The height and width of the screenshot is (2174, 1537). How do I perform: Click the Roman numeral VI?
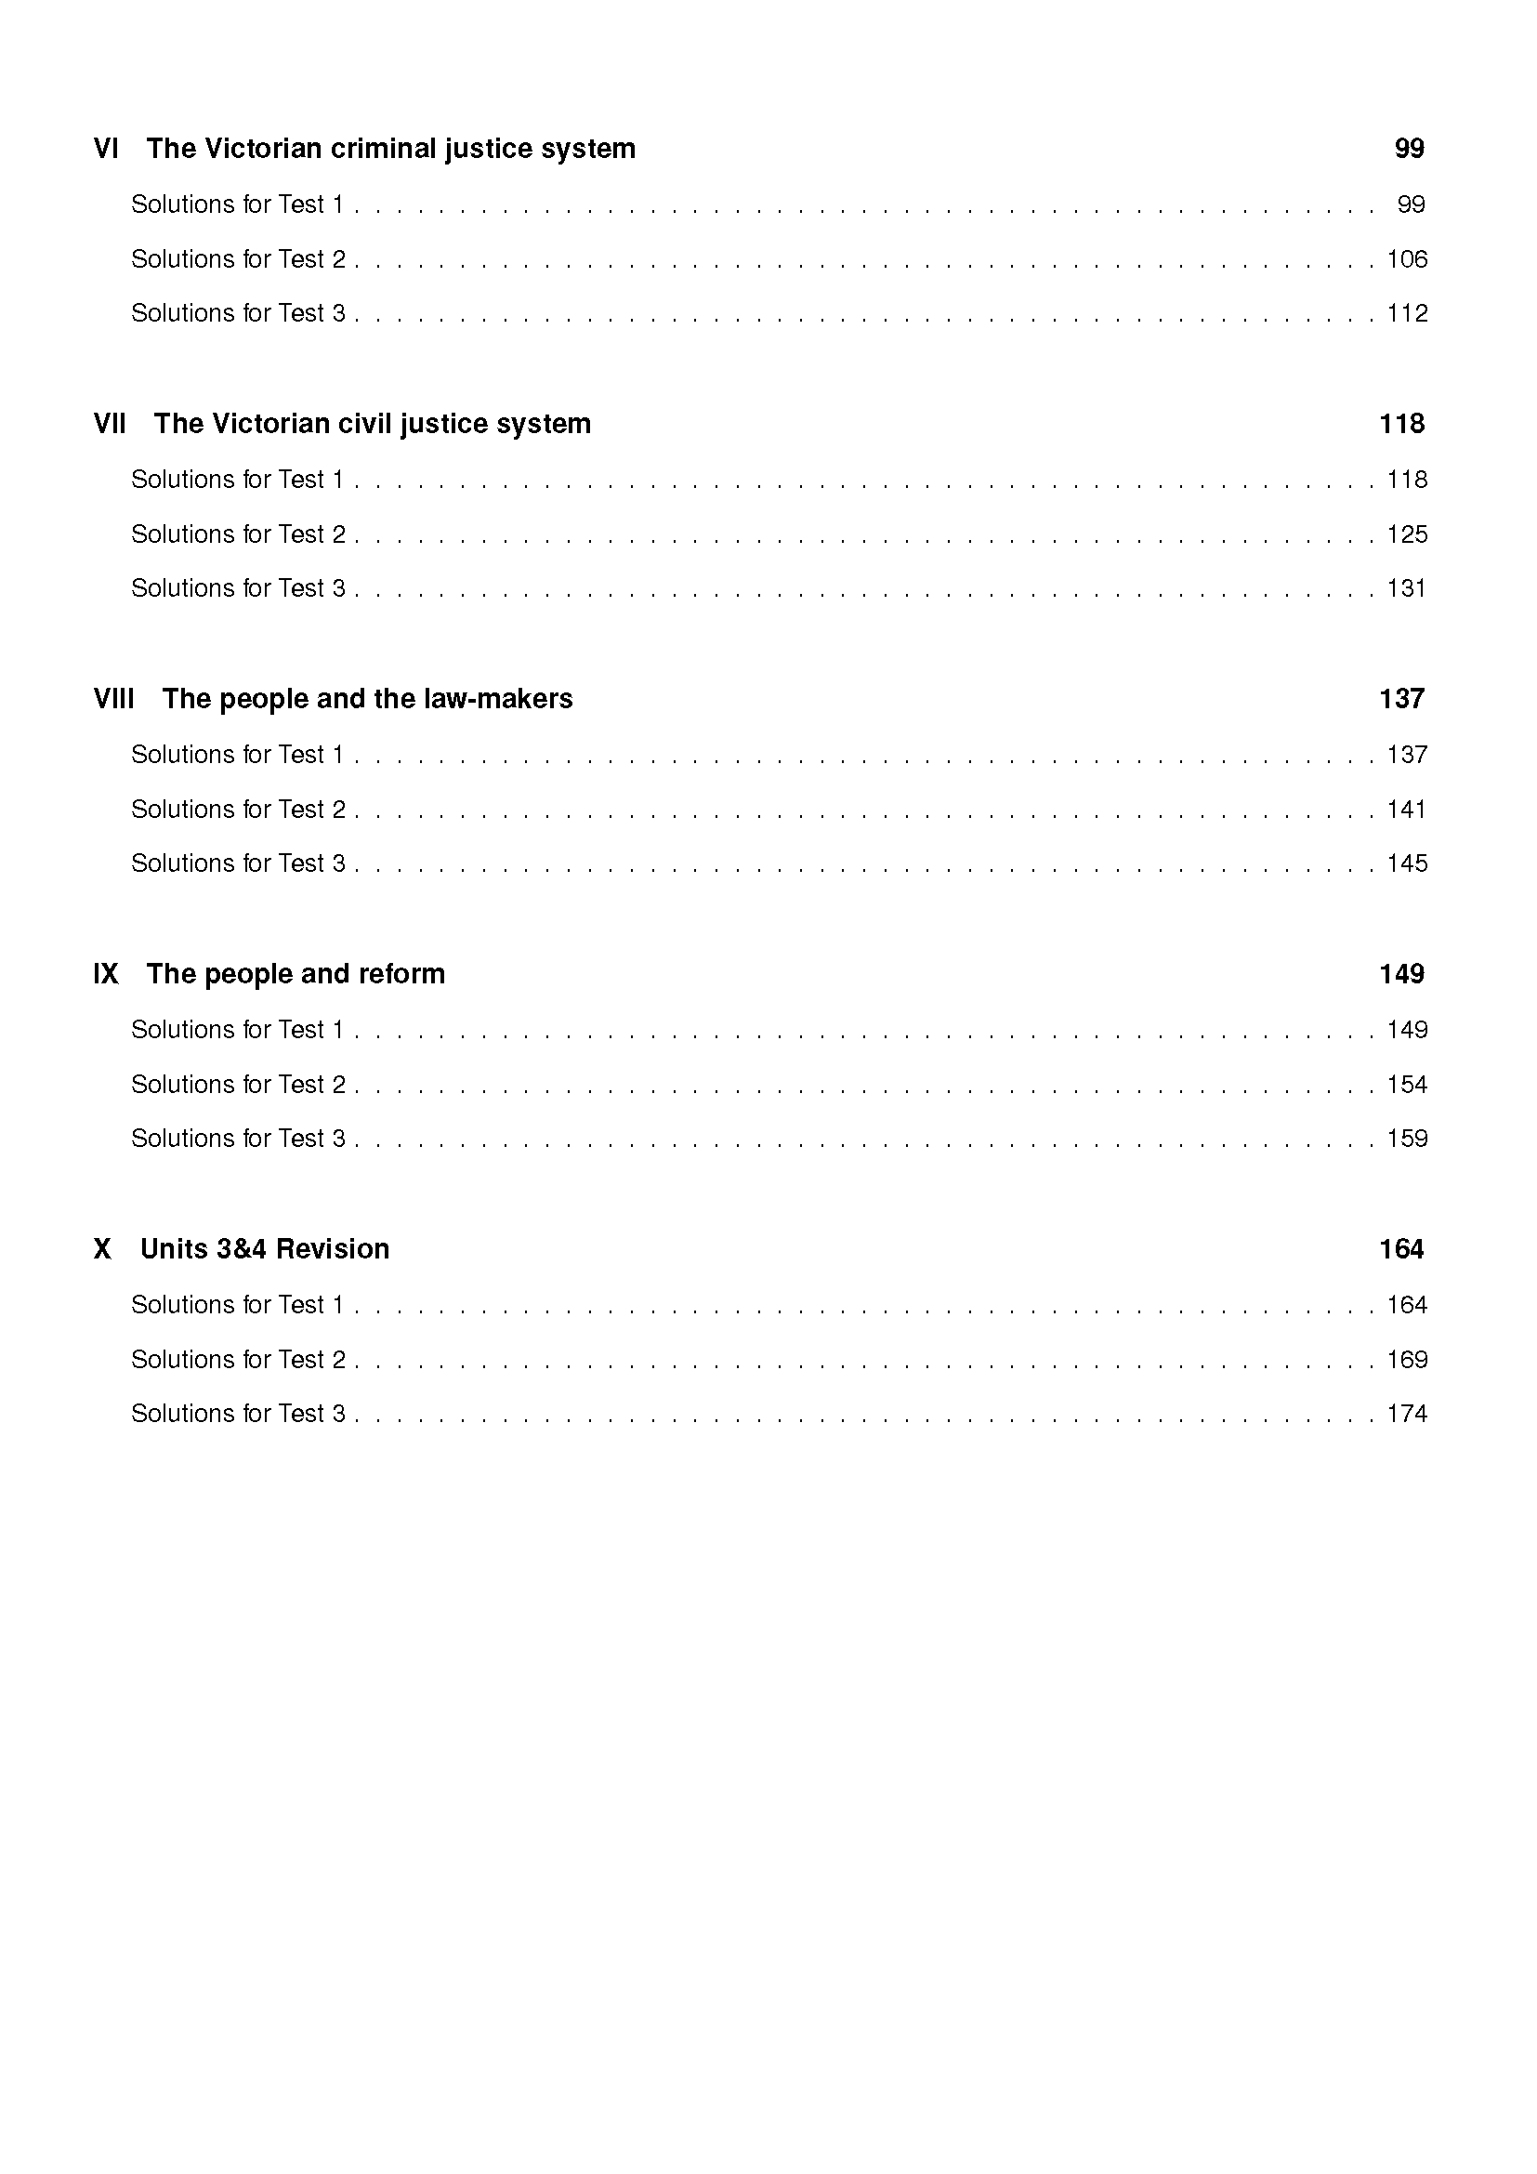click(106, 149)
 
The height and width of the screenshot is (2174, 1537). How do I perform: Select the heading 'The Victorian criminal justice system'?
click(390, 149)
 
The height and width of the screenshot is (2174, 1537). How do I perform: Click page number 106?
click(1406, 259)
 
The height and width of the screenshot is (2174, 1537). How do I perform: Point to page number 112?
click(1406, 313)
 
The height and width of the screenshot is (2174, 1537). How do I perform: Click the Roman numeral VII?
click(110, 423)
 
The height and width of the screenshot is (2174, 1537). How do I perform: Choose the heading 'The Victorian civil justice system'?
click(372, 423)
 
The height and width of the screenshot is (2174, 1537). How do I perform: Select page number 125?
click(1406, 534)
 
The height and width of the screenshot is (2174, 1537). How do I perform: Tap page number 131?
click(1406, 588)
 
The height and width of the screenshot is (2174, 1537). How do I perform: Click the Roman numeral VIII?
click(113, 699)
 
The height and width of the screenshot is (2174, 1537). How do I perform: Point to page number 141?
click(1406, 810)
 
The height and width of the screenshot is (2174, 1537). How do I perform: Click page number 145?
click(1406, 863)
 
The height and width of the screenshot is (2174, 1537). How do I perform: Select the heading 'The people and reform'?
click(296, 973)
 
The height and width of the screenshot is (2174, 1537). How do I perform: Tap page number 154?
click(1406, 1084)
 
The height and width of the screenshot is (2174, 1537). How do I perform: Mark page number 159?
click(1406, 1139)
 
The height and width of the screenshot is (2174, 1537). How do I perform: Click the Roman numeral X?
click(102, 1249)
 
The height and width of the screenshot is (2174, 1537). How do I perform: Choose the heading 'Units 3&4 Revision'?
click(265, 1249)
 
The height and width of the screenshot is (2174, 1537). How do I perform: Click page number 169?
click(1406, 1360)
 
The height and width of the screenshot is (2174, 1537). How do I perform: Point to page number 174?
click(1406, 1414)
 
